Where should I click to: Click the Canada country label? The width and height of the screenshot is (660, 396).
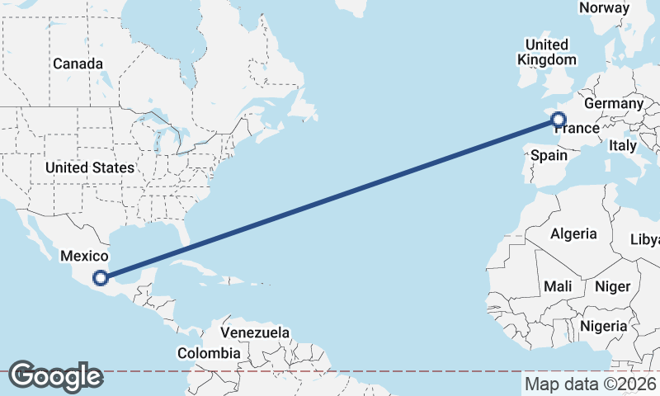[x=78, y=64]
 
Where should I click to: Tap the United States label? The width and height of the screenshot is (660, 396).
[x=90, y=167]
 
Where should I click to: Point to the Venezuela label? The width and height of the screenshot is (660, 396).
[x=255, y=332]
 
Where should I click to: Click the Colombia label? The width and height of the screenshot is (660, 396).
[x=209, y=353]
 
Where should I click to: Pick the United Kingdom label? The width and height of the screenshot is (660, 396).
[x=546, y=52]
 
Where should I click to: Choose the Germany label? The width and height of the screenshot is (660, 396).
[x=613, y=104]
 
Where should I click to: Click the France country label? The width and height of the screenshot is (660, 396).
[x=577, y=129]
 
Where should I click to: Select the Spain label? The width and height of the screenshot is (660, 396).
[x=549, y=155]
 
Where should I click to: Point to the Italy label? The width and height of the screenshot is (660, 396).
[x=623, y=145]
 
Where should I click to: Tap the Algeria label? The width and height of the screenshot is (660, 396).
[x=573, y=233]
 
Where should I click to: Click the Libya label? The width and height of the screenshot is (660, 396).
[x=645, y=239]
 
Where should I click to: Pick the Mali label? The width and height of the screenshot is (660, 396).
[x=558, y=286]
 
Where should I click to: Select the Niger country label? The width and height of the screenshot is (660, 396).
[x=612, y=286]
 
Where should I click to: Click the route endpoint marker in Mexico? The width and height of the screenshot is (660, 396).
[x=101, y=278]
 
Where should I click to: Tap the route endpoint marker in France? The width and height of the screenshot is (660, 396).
[x=558, y=120]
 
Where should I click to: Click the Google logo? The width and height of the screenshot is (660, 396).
[x=55, y=376]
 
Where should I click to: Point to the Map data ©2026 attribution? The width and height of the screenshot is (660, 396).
[x=590, y=384]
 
